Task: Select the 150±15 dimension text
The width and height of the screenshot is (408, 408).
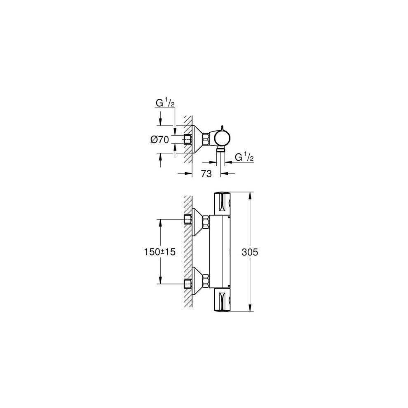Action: coord(160,252)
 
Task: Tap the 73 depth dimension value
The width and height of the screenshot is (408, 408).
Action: coord(206,174)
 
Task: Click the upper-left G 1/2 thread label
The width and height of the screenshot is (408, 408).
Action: coord(165,103)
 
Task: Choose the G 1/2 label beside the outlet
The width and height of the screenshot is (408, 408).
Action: coord(244,157)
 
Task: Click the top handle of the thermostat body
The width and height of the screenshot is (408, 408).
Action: coord(223,203)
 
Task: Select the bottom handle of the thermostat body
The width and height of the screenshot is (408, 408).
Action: coord(223,299)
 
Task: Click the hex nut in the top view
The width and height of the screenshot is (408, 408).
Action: coord(189,140)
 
